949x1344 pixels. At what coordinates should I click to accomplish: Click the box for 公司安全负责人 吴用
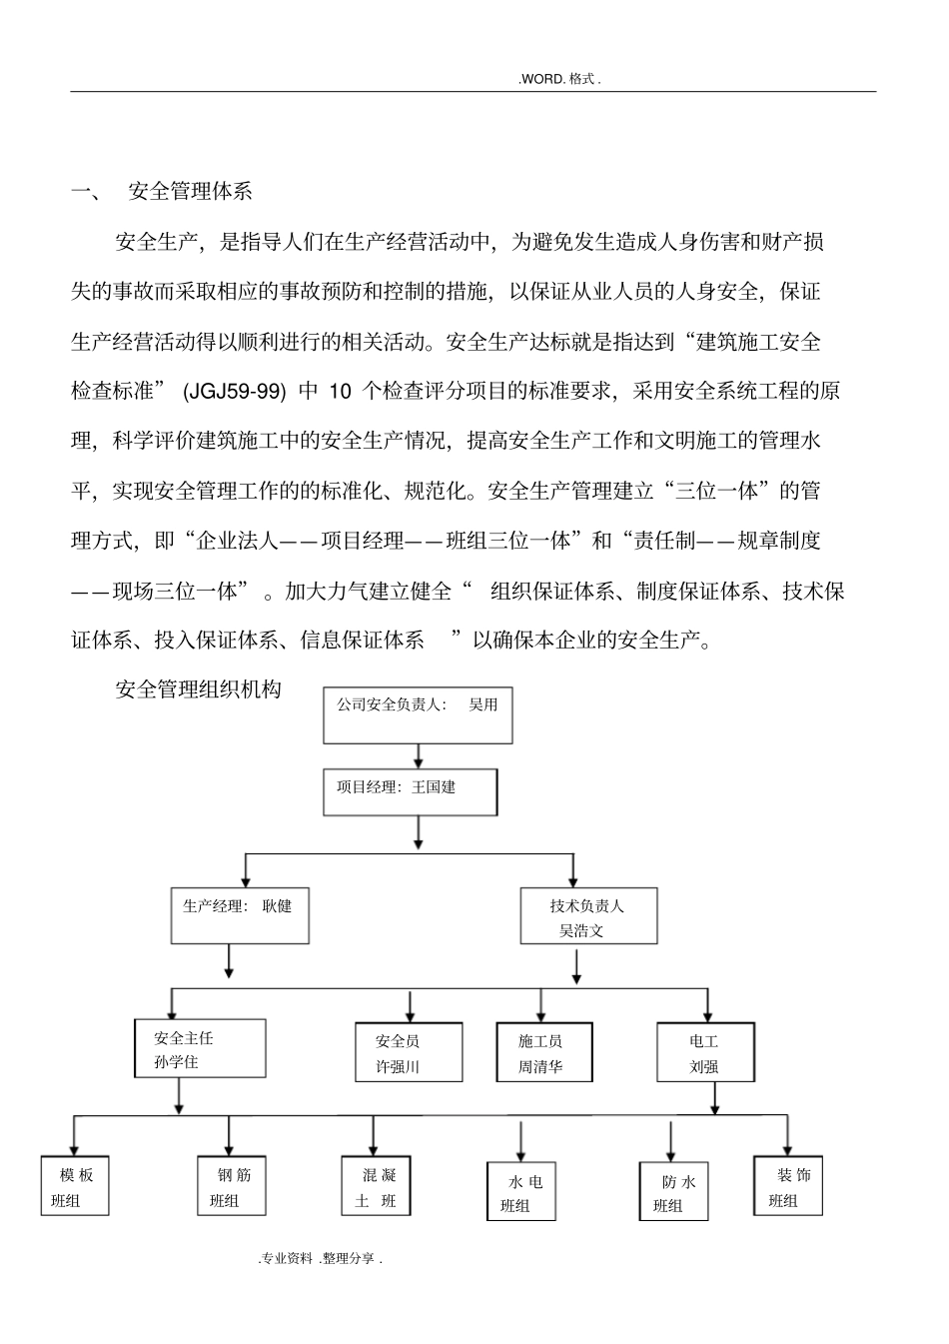coord(417,713)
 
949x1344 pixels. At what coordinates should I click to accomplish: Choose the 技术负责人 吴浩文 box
coord(588,916)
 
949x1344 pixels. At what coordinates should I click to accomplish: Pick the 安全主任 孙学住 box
coord(200,1048)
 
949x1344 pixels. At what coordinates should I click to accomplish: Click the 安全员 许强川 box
coord(409,1052)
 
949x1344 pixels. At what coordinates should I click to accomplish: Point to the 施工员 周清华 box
coord(543,1052)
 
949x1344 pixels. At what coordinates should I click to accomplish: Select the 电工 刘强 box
coord(705,1052)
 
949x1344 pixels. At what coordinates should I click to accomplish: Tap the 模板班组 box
coord(74,1186)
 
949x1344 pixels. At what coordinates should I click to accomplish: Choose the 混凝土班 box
coord(375,1186)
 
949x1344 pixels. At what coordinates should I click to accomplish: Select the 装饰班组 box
coord(788,1186)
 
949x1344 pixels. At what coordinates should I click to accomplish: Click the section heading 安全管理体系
coord(191,192)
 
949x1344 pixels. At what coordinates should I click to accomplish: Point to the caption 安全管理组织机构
coord(198,688)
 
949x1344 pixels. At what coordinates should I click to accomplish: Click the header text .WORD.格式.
coord(559,79)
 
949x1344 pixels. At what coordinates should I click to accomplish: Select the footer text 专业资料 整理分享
coord(321,1259)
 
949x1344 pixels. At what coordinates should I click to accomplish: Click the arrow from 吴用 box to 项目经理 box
coord(418,755)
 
